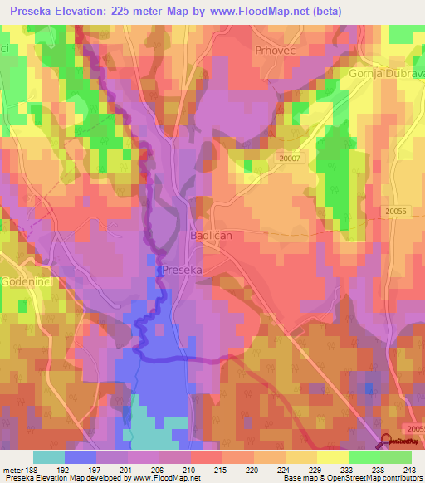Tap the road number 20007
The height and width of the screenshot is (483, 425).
[x=291, y=158]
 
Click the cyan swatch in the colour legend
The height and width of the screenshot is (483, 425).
[x=49, y=456]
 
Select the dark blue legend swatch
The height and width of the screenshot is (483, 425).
[x=81, y=456]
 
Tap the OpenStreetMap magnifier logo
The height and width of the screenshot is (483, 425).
[x=388, y=441]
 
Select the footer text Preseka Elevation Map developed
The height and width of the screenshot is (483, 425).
[x=62, y=477]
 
